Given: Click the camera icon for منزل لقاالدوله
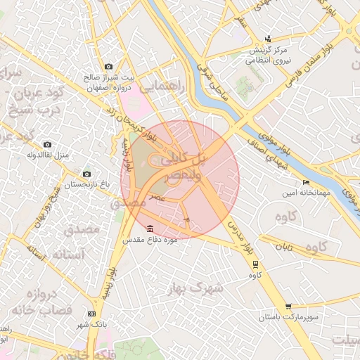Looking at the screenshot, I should (47, 144).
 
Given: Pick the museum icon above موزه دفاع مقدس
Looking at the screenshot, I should (150, 229).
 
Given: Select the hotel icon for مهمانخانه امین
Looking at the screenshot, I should (306, 183).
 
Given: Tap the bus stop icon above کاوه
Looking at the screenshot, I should (255, 264).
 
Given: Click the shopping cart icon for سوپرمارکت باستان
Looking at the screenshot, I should (288, 307).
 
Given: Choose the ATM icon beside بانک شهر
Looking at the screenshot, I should (91, 313).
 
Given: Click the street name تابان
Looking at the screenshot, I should (283, 247).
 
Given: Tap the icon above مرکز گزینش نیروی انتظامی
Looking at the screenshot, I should (268, 39).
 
